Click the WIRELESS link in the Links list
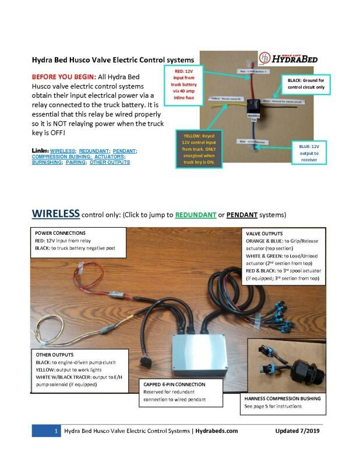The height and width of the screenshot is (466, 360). point(63,150)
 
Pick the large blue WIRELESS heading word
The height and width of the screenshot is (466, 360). point(56,213)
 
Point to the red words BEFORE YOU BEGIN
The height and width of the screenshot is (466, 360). point(63,77)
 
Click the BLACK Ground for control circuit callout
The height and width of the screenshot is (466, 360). point(306,82)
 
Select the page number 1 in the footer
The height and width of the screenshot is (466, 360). point(55,431)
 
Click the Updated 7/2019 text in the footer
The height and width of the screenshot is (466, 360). point(297,431)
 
